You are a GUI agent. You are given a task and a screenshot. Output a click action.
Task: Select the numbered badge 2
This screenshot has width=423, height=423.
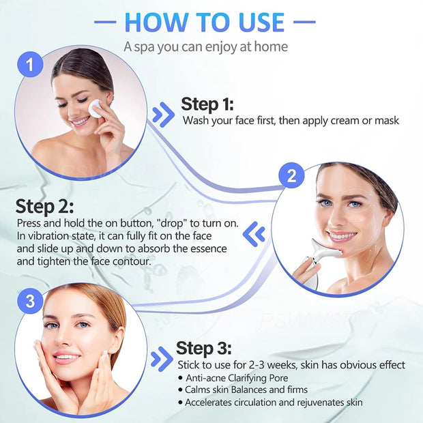(x=291, y=177)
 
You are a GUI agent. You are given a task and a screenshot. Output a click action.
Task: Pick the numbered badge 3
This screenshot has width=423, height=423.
(x=29, y=300)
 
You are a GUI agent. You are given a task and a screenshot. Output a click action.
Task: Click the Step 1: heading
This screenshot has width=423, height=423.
(x=207, y=104)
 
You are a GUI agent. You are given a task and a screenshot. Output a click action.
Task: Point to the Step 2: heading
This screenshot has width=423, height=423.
(x=45, y=207)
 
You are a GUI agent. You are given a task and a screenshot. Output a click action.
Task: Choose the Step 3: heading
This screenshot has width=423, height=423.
(x=204, y=348)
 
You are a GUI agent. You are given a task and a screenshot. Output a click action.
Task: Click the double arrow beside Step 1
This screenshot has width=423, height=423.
(x=163, y=114)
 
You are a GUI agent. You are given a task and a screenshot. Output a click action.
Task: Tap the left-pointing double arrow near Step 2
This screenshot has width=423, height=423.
(x=254, y=233)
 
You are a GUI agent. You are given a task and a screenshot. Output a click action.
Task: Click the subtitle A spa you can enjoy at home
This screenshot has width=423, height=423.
(x=205, y=47)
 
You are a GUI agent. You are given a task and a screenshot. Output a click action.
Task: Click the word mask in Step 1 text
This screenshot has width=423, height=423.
(x=386, y=121)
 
